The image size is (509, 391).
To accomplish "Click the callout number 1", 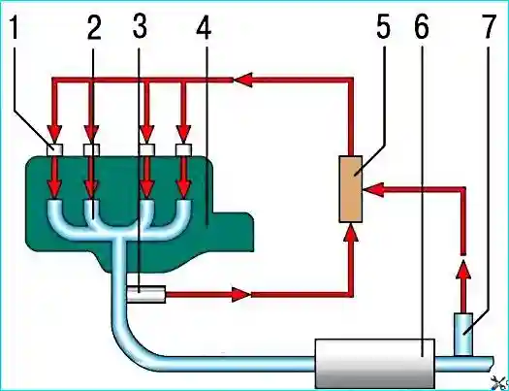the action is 15,28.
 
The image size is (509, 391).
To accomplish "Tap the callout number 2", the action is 94,28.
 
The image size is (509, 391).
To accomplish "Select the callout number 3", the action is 140,27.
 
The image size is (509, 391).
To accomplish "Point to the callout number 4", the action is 204,28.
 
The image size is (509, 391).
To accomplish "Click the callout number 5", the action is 383,28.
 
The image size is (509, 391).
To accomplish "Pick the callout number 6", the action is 422,28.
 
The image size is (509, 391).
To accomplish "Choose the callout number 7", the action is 489,28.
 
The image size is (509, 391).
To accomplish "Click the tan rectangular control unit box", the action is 351,189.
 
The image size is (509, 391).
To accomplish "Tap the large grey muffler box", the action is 375,364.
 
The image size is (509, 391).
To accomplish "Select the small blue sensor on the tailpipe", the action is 463,334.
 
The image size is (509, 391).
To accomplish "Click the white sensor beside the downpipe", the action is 145,294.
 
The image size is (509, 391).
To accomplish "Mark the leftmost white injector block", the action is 54,149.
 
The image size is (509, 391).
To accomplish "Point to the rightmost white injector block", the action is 183,149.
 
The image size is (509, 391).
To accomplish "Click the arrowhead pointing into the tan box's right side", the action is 373,189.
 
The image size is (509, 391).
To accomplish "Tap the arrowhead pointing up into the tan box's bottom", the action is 351,233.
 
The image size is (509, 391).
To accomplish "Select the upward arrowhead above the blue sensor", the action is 463,270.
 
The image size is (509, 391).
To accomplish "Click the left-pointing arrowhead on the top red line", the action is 242,80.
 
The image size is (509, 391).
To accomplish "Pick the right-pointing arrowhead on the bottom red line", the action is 241,295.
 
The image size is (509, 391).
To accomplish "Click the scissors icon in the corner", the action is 499,382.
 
